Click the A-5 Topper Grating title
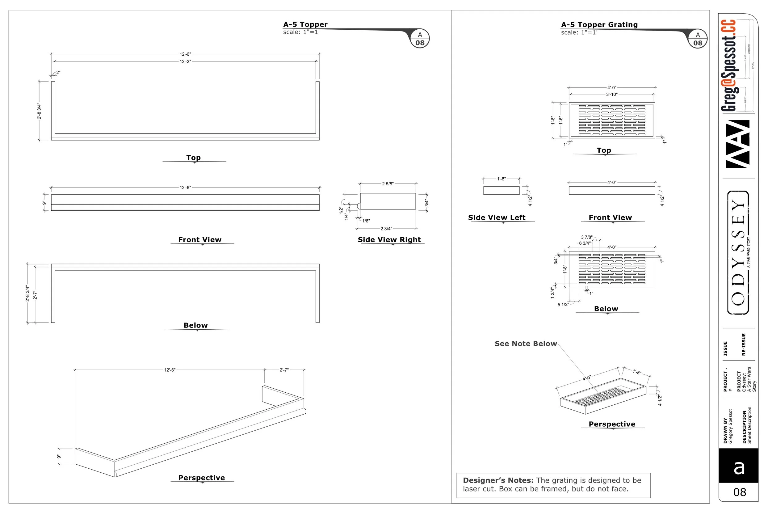pos(599,25)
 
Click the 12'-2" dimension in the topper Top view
pos(185,61)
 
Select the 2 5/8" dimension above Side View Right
pos(388,184)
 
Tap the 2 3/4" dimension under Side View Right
pos(386,229)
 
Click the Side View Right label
pos(389,240)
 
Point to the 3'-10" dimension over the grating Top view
pos(611,94)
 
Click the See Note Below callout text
pos(526,344)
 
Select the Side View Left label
pos(497,217)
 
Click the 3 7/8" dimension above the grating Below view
pos(586,237)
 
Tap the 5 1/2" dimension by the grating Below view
pos(563,305)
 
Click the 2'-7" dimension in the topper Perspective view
pos(284,370)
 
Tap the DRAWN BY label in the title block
pos(725,430)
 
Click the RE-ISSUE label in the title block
pos(744,344)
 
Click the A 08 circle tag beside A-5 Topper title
pos(420,39)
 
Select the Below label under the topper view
pos(196,325)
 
